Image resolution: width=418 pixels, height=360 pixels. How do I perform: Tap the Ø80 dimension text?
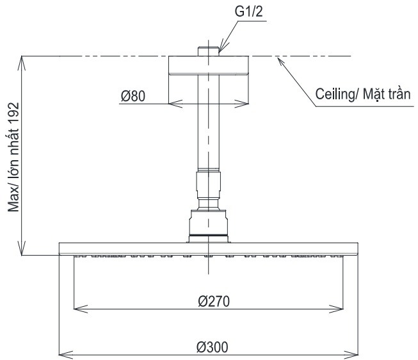[x=133, y=96]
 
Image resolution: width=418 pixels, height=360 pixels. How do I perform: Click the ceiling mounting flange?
[x=209, y=67]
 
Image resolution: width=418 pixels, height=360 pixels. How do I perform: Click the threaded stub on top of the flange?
[x=209, y=50]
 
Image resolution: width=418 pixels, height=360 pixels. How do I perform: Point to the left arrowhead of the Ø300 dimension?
[x=62, y=353]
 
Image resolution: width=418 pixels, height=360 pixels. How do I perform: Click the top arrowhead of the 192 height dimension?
[x=23, y=60]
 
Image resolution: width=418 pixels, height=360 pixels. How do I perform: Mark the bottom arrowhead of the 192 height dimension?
[x=23, y=252]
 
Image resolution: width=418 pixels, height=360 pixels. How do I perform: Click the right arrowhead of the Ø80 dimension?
[x=246, y=103]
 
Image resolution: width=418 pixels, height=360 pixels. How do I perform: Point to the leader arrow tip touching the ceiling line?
[x=278, y=58]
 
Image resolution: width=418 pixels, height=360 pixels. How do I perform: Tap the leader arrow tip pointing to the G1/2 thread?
[x=220, y=48]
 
